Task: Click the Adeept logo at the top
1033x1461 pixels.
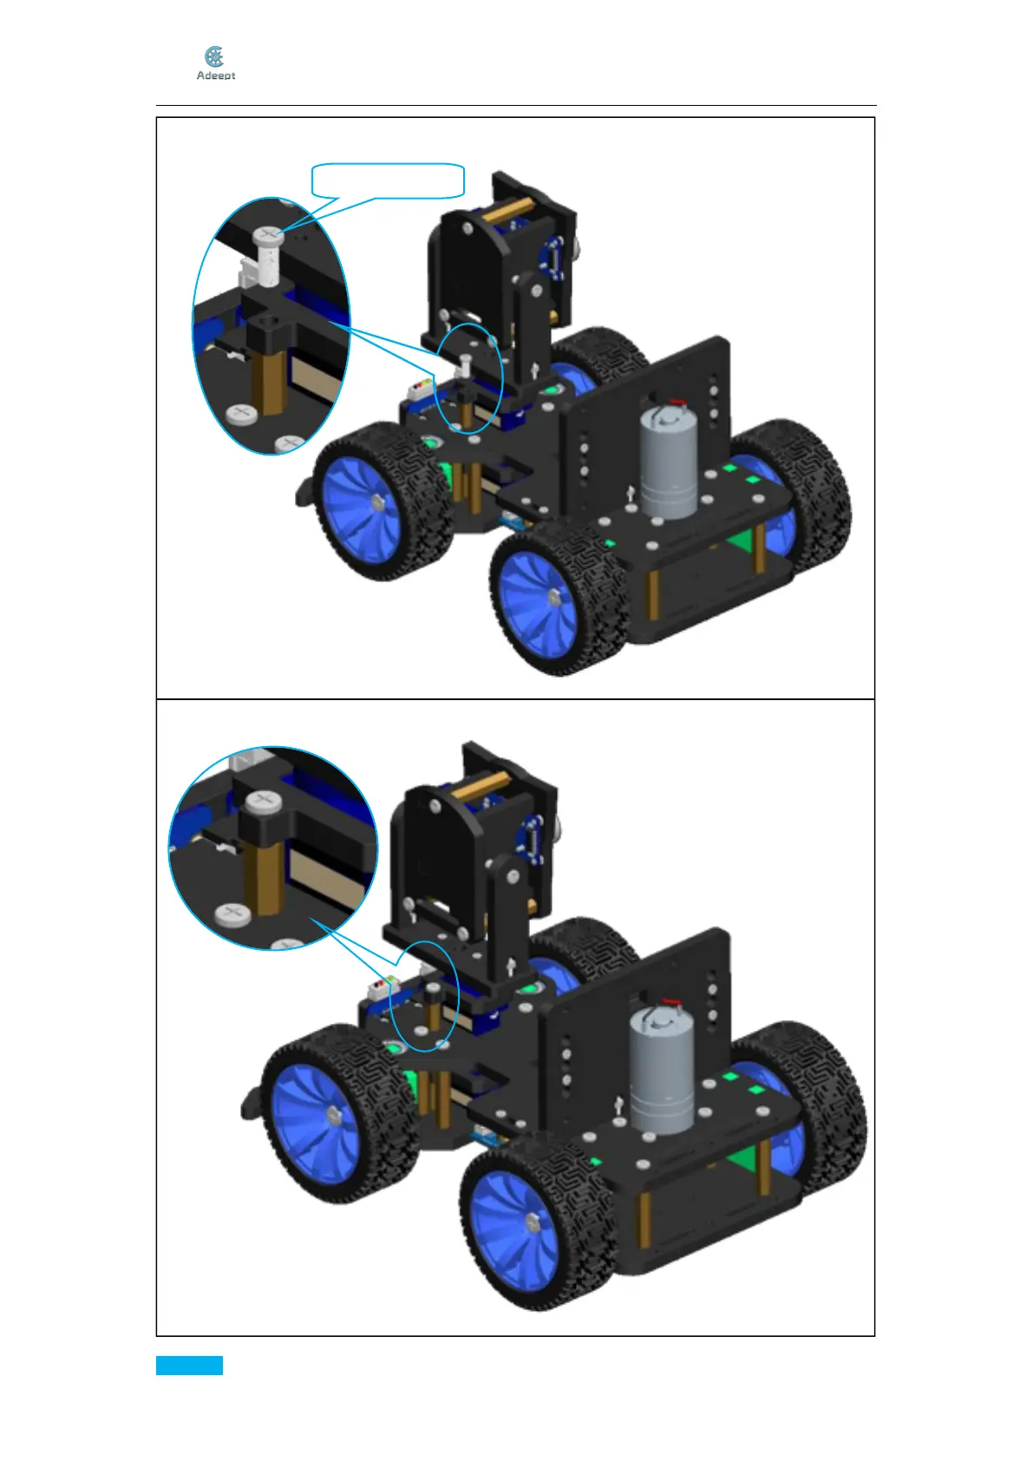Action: coord(215,63)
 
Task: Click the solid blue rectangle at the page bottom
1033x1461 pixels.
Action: coord(189,1365)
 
